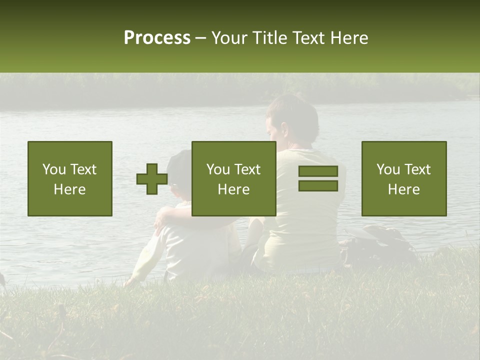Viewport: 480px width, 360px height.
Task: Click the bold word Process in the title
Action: (157, 38)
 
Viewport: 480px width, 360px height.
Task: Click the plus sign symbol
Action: (152, 179)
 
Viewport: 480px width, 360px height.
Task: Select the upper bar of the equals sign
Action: (318, 171)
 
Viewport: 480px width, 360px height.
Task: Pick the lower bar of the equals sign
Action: (318, 185)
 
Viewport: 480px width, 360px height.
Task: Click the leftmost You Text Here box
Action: (70, 178)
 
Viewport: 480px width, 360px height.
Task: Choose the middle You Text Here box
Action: (233, 178)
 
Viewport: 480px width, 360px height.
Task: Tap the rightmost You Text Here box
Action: (404, 178)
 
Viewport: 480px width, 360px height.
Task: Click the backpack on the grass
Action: (380, 245)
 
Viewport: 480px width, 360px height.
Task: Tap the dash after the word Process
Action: (200, 38)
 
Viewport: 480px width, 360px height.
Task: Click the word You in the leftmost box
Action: (53, 169)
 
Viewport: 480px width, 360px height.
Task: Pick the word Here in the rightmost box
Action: (404, 189)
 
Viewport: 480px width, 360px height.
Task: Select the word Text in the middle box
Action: (247, 169)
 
